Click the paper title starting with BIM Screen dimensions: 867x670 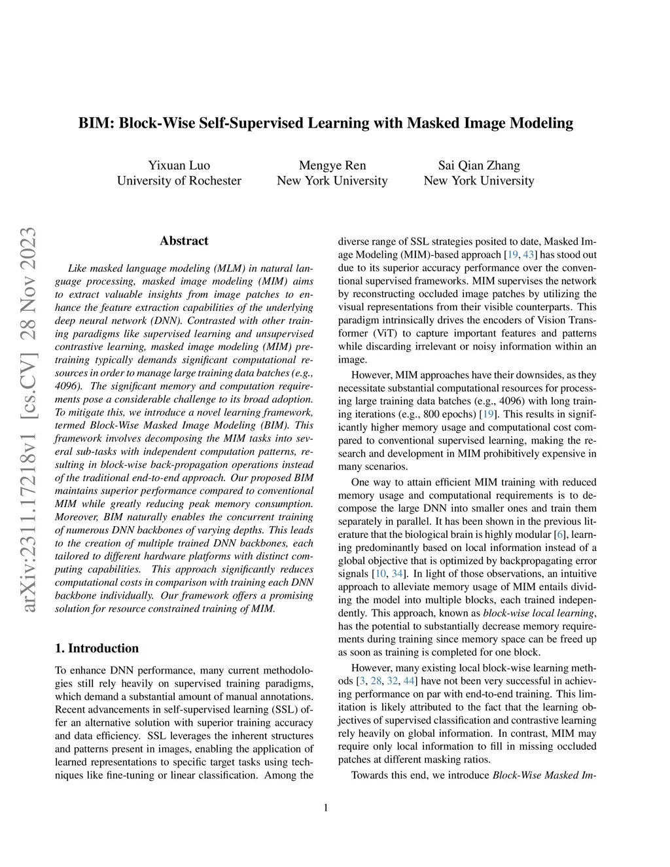point(326,123)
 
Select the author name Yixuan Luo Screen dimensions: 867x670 point(179,165)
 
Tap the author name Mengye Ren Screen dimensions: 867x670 point(332,165)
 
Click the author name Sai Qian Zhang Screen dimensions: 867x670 point(479,165)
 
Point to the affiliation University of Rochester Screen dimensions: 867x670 point(179,181)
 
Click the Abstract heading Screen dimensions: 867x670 point(184,241)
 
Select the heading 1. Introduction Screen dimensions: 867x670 point(97,648)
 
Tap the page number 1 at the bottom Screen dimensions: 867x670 point(326,807)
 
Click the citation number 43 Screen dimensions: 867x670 point(528,255)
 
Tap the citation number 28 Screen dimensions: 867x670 point(376,681)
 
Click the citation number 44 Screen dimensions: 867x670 point(409,681)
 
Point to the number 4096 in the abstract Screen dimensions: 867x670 point(66,386)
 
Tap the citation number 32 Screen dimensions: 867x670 point(392,681)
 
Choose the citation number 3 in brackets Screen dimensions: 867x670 point(362,681)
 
